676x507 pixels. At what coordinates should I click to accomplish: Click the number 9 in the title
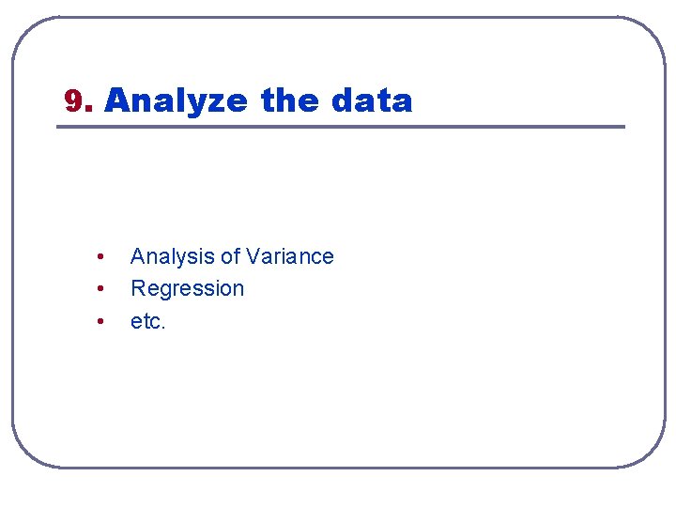click(x=72, y=100)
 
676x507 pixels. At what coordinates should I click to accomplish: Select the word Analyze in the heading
click(x=177, y=100)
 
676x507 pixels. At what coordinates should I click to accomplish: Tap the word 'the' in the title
click(x=290, y=100)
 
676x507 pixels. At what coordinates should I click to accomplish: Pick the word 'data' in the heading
click(x=372, y=100)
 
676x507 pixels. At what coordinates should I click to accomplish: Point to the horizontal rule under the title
click(x=341, y=127)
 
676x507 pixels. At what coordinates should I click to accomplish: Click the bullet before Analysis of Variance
click(x=100, y=257)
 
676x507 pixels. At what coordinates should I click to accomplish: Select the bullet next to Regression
click(x=100, y=289)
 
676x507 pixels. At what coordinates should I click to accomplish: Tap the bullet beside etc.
click(x=100, y=321)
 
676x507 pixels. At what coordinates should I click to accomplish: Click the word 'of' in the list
click(x=230, y=256)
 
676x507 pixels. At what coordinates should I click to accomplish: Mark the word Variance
click(x=290, y=256)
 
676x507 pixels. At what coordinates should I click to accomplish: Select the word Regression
click(x=187, y=289)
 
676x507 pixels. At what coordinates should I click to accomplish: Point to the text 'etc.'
click(x=148, y=321)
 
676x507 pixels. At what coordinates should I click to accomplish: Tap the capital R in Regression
click(x=137, y=288)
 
